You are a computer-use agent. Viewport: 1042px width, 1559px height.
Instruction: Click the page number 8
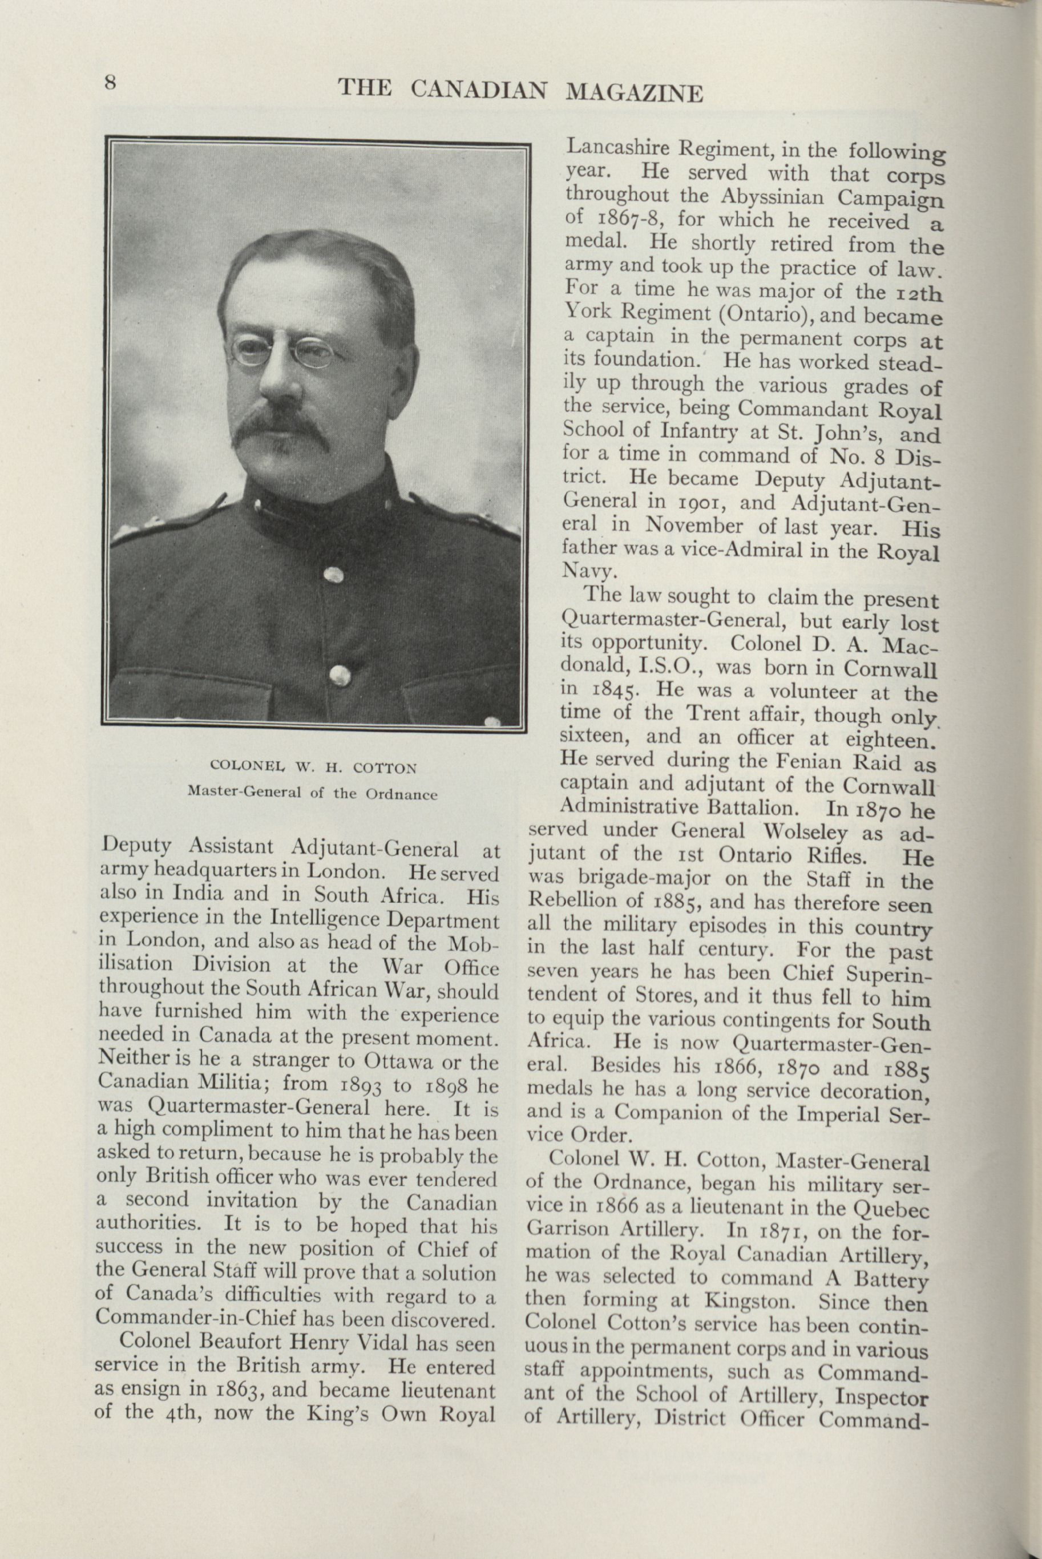110,83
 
